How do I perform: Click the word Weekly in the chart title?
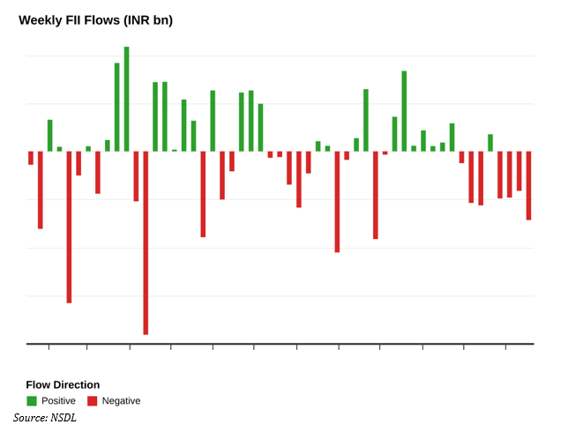click(41, 20)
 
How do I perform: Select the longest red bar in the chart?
click(146, 242)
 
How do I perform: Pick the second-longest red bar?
click(69, 227)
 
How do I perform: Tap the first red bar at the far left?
click(31, 158)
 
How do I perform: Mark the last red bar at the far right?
click(528, 185)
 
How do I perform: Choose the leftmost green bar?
click(50, 135)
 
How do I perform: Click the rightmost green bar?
click(490, 142)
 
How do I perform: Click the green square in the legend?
click(32, 401)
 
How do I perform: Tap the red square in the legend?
click(93, 401)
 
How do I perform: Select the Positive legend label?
click(58, 401)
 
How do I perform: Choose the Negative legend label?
click(121, 401)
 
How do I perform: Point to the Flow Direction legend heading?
click(63, 384)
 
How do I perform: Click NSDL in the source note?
click(64, 417)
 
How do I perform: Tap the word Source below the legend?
click(30, 417)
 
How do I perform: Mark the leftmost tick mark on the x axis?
click(49, 346)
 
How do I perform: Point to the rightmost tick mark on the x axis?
click(505, 346)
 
